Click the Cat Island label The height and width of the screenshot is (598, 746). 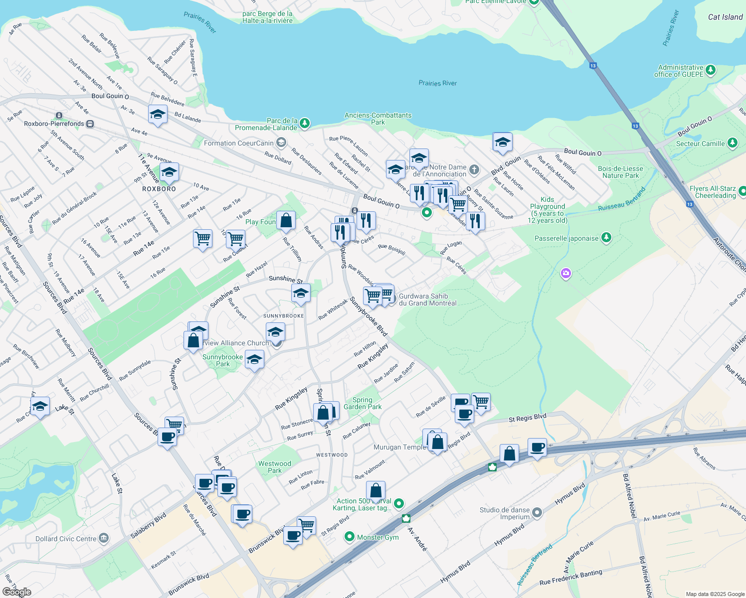[725, 17]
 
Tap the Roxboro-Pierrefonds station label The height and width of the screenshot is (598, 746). [54, 124]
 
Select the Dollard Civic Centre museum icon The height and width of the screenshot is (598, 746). [104, 538]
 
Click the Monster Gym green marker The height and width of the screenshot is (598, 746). [350, 537]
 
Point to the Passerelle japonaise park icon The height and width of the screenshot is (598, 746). [606, 238]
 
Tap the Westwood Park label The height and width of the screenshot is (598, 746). [274, 467]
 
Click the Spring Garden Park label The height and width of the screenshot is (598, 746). [363, 403]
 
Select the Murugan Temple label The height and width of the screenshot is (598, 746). [400, 447]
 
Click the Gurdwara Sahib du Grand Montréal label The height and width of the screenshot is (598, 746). [427, 299]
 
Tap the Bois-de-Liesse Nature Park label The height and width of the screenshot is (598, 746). [620, 172]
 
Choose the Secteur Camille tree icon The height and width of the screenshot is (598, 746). [733, 144]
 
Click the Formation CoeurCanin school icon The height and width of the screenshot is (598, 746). [281, 143]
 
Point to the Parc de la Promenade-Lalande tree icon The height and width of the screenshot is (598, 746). [305, 123]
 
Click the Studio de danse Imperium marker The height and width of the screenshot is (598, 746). [537, 512]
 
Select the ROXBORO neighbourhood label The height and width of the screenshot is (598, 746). [159, 189]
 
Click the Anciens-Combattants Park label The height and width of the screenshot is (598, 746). [378, 119]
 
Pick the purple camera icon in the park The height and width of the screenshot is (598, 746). [565, 273]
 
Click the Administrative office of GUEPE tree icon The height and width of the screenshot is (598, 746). [711, 70]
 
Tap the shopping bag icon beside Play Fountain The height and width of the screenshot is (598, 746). [286, 220]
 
